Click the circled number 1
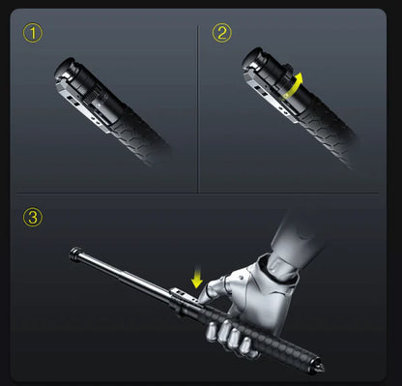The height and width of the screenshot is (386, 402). [35, 34]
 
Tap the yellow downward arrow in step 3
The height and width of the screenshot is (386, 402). [197, 279]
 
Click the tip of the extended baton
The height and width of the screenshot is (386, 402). [73, 254]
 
